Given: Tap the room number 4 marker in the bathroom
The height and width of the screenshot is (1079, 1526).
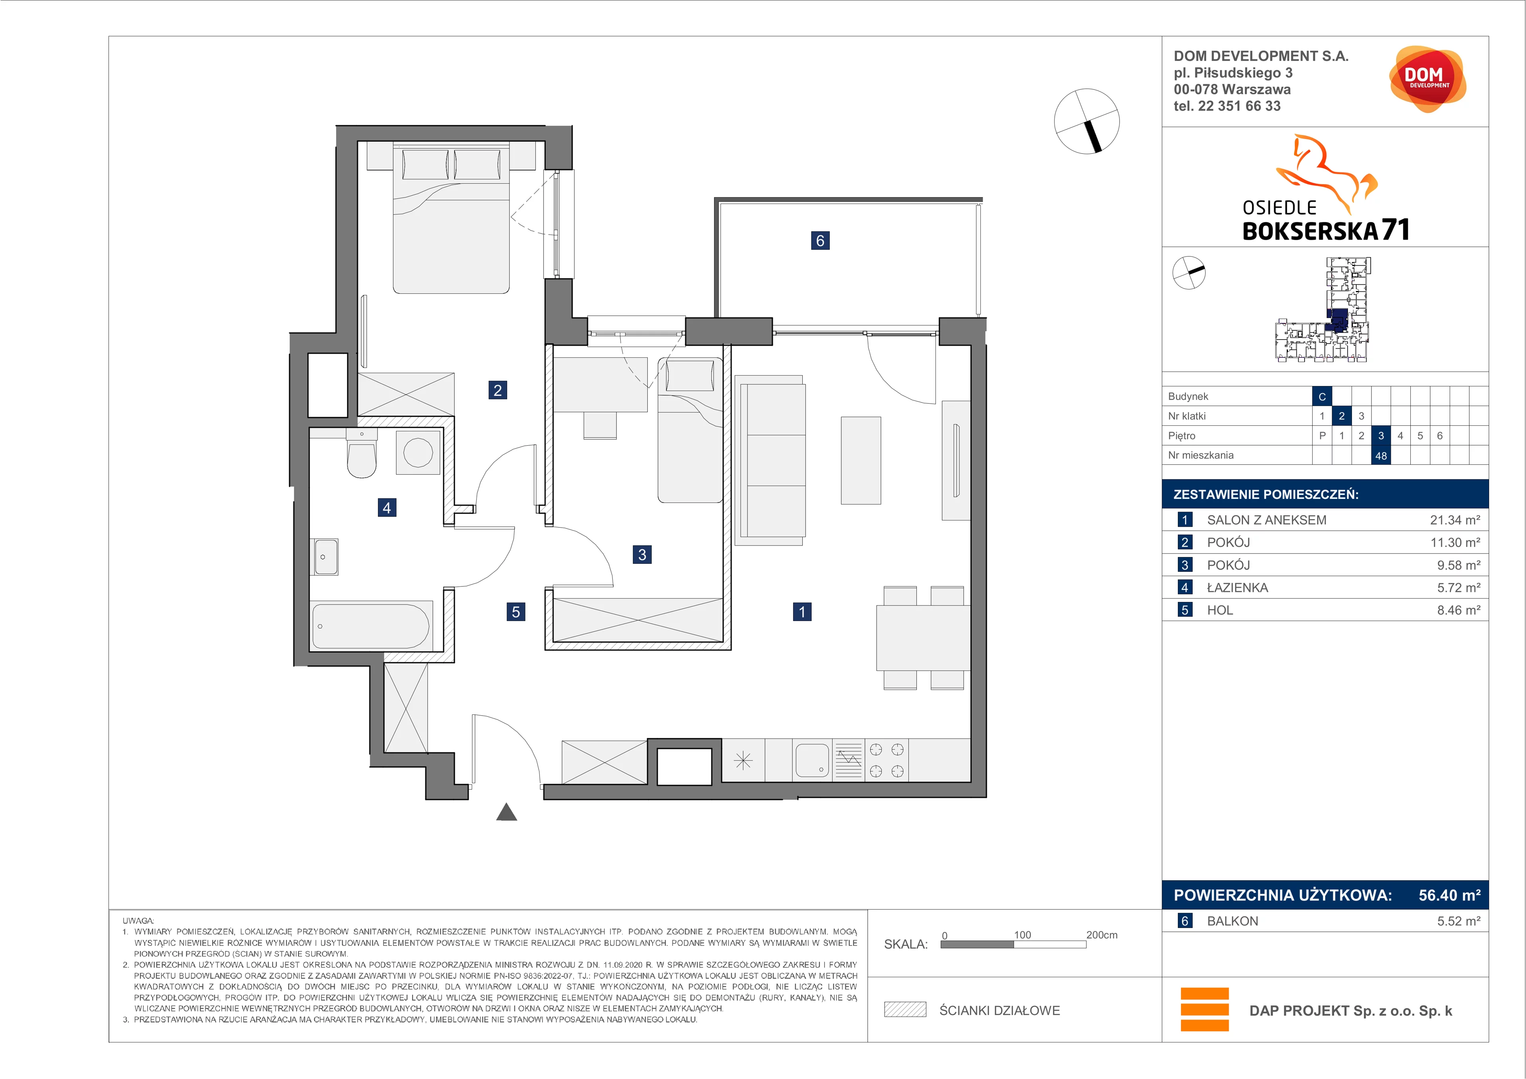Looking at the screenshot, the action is point(387,508).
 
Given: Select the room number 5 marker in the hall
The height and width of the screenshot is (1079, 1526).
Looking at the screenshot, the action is point(516,611).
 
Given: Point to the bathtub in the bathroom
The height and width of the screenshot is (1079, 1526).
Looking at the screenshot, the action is point(371,626).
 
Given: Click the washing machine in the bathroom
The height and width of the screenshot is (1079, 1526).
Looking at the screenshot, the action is point(418,452).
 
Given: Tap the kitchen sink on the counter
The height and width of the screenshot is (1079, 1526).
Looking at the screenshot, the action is point(811,760).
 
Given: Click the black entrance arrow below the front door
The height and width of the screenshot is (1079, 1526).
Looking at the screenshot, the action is point(506,812).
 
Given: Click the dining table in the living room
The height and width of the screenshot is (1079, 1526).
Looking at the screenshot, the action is point(923,638).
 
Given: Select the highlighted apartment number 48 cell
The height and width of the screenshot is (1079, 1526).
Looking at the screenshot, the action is point(1381,455).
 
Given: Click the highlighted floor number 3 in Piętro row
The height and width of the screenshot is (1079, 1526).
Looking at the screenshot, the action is point(1381,435).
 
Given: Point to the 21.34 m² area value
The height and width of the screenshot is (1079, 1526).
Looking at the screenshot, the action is point(1455,520).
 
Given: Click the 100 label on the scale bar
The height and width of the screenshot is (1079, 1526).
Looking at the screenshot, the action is point(1022,935).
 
